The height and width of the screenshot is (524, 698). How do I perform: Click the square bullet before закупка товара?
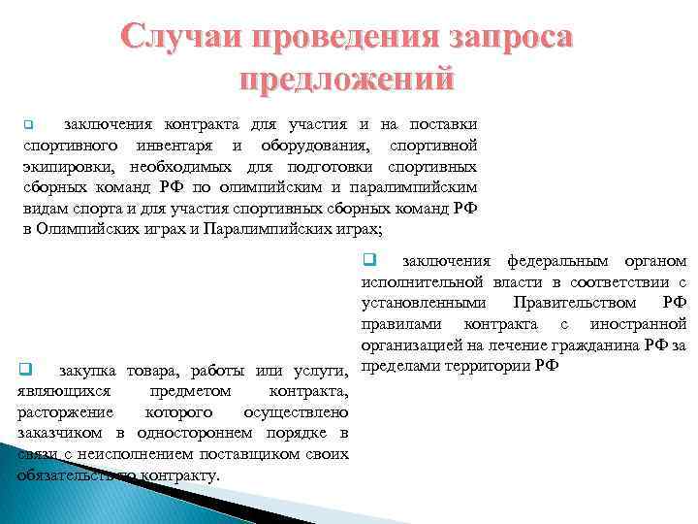26,369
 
